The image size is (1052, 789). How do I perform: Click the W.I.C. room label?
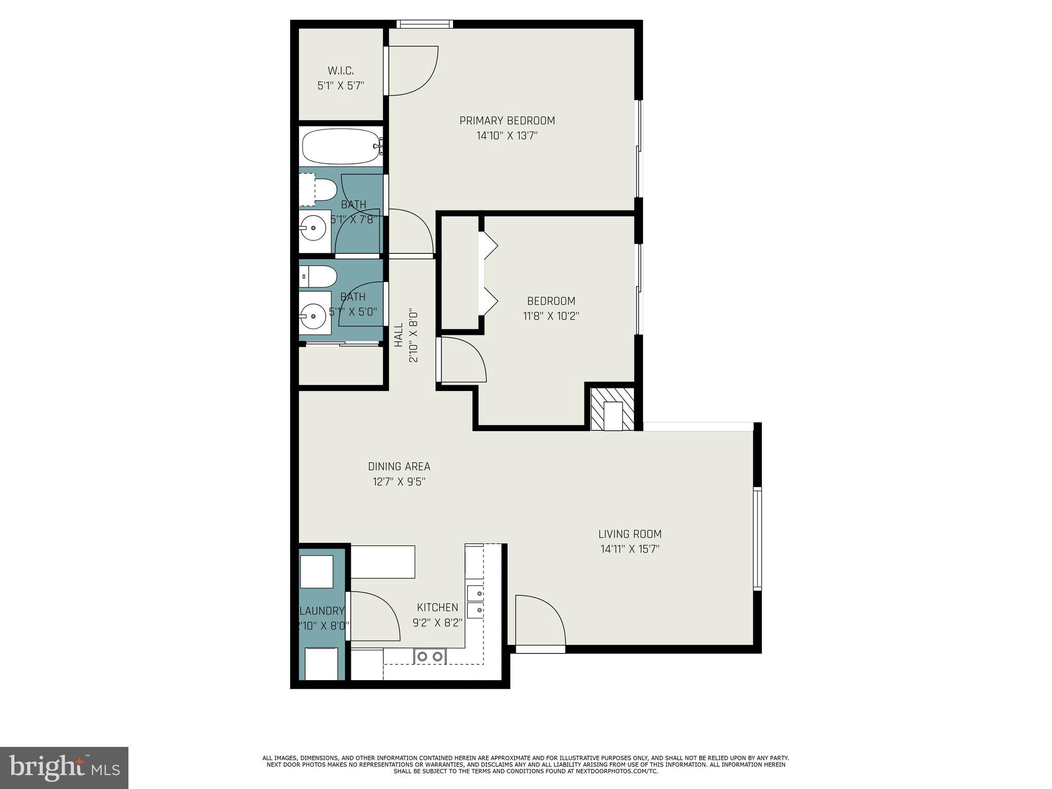341,71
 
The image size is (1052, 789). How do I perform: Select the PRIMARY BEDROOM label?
507,121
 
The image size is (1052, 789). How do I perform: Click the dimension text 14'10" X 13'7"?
507,136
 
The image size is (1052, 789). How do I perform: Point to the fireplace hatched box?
612,409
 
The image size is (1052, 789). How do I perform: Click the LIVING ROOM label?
630,534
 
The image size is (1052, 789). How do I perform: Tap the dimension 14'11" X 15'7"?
630,549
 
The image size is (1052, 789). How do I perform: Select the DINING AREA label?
399,466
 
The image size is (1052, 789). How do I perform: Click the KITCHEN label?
437,608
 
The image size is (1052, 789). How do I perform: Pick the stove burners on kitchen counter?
430,656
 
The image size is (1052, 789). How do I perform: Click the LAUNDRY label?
322,611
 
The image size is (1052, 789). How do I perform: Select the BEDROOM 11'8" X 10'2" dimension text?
551,316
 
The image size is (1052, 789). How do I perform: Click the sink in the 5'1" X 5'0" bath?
313,312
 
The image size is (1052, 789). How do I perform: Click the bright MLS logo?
64,767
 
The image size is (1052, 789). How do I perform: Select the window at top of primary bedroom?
424,24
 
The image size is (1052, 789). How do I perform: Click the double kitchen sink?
475,602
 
